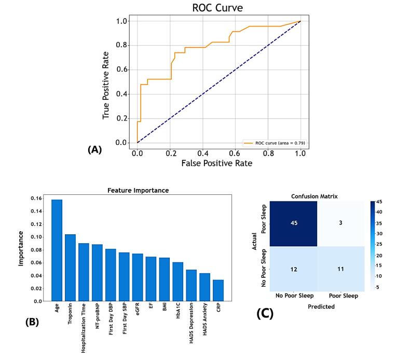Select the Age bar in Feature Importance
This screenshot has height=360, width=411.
click(x=57, y=250)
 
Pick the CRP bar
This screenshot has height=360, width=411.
click(x=218, y=290)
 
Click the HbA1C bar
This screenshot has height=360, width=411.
click(x=178, y=282)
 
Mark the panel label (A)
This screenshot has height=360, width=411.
click(x=94, y=150)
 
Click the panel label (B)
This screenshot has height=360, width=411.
click(x=32, y=322)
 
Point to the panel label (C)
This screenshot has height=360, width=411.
click(x=265, y=314)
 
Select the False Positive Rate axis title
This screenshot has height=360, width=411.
click(x=216, y=163)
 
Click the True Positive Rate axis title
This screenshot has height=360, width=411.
click(x=106, y=85)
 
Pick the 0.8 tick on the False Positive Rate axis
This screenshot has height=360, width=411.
click(x=268, y=154)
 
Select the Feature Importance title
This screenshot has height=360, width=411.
click(x=138, y=190)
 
